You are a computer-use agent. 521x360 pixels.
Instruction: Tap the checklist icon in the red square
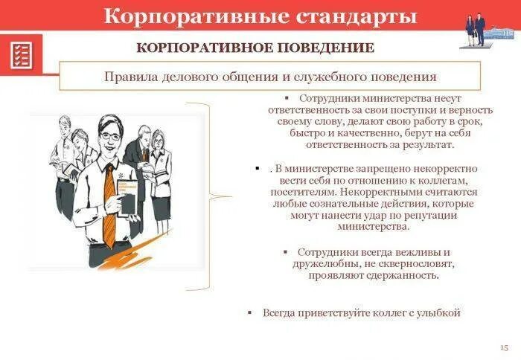click(x=22, y=55)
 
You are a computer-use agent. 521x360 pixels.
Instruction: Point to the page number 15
click(x=504, y=347)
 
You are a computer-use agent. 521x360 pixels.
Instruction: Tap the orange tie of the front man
click(x=109, y=208)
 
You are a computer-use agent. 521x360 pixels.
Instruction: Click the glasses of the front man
click(x=110, y=136)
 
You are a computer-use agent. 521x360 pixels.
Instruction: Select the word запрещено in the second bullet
click(x=377, y=169)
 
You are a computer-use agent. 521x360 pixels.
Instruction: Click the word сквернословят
click(x=418, y=264)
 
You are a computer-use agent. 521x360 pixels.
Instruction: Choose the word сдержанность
click(x=400, y=275)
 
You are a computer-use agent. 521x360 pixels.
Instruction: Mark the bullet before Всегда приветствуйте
click(x=250, y=313)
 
